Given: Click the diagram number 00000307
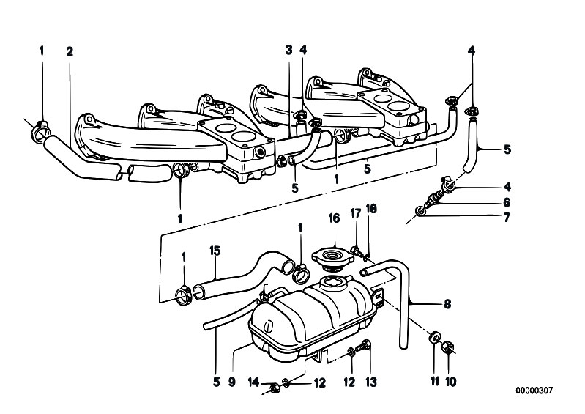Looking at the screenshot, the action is point(534,391).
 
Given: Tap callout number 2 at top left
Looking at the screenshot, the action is point(70,51).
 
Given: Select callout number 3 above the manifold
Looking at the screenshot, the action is point(288,50).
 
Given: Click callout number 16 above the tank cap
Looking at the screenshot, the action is point(334,218).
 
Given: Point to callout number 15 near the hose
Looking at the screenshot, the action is point(215,251).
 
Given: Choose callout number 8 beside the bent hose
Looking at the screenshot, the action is point(447,304).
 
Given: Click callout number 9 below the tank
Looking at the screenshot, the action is point(231,382).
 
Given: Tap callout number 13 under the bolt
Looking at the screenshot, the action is point(371,382).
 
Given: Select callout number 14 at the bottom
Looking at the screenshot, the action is point(254,382).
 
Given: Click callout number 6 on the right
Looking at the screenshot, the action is point(506,202).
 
